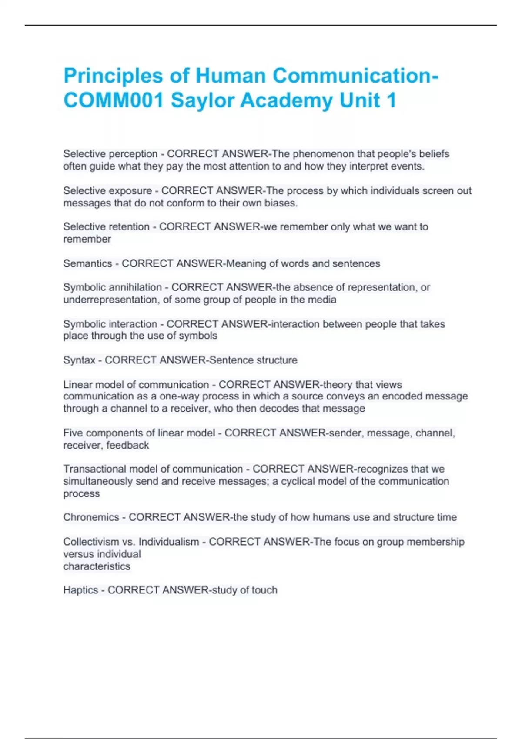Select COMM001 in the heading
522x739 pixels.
(x=114, y=100)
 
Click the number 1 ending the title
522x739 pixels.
(x=391, y=100)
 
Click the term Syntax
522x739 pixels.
(x=79, y=360)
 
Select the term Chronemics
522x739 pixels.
(x=91, y=517)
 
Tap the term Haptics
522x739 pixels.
(x=80, y=590)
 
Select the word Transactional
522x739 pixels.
(x=94, y=469)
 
